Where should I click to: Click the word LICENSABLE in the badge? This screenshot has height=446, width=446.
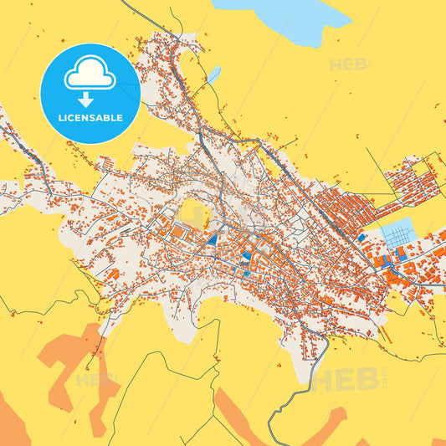pyautogui.click(x=90, y=118)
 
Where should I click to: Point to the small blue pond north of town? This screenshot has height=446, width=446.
pyautogui.click(x=213, y=74)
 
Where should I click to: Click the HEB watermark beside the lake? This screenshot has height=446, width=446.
pyautogui.click(x=349, y=64)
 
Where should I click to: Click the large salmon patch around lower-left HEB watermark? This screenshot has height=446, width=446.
pyautogui.click(x=71, y=360)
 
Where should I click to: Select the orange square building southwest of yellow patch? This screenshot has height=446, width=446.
pyautogui.click(x=178, y=233)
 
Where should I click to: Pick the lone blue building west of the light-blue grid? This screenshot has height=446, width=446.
pyautogui.click(x=361, y=238)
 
